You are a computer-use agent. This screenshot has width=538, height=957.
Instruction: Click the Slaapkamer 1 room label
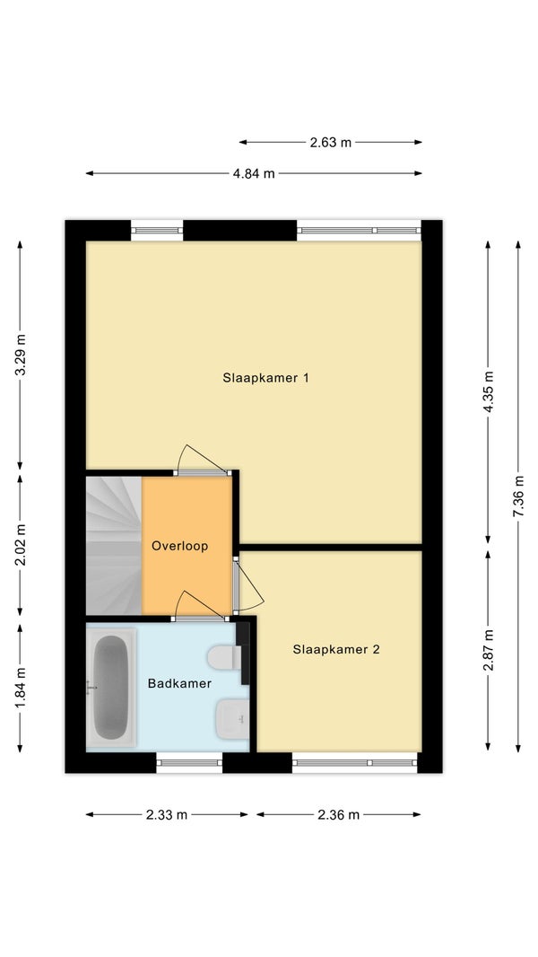[x=265, y=378]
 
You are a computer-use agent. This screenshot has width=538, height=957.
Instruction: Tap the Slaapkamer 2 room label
[x=335, y=649]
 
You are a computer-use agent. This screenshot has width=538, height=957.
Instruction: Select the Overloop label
[x=179, y=546]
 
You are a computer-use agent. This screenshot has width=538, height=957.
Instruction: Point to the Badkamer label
[x=179, y=683]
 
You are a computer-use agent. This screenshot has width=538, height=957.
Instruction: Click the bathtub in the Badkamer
[x=111, y=687]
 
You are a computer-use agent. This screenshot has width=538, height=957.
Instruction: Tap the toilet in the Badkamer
[x=225, y=657]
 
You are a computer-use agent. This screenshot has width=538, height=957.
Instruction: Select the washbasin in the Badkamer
[x=233, y=719]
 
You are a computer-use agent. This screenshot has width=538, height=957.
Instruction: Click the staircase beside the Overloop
[x=114, y=546]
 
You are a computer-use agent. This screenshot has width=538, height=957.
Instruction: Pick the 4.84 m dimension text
[x=254, y=174]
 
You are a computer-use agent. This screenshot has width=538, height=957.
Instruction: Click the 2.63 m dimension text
[x=331, y=143]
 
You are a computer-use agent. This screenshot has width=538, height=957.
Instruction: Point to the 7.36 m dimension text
[x=518, y=496]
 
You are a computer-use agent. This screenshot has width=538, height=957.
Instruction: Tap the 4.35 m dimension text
[x=489, y=391]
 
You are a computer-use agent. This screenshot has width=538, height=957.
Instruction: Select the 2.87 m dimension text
[x=489, y=649]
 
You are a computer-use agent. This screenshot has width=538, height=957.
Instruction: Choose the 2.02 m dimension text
[x=20, y=545]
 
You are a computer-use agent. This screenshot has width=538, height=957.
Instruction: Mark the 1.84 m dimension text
[x=20, y=689]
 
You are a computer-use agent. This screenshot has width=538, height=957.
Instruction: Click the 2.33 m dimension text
[x=167, y=815]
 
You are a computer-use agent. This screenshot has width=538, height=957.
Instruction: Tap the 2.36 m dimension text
[x=338, y=815]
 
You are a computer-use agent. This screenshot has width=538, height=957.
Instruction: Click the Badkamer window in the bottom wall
[x=189, y=762]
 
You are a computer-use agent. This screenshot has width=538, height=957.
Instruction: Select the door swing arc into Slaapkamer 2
[x=255, y=583]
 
